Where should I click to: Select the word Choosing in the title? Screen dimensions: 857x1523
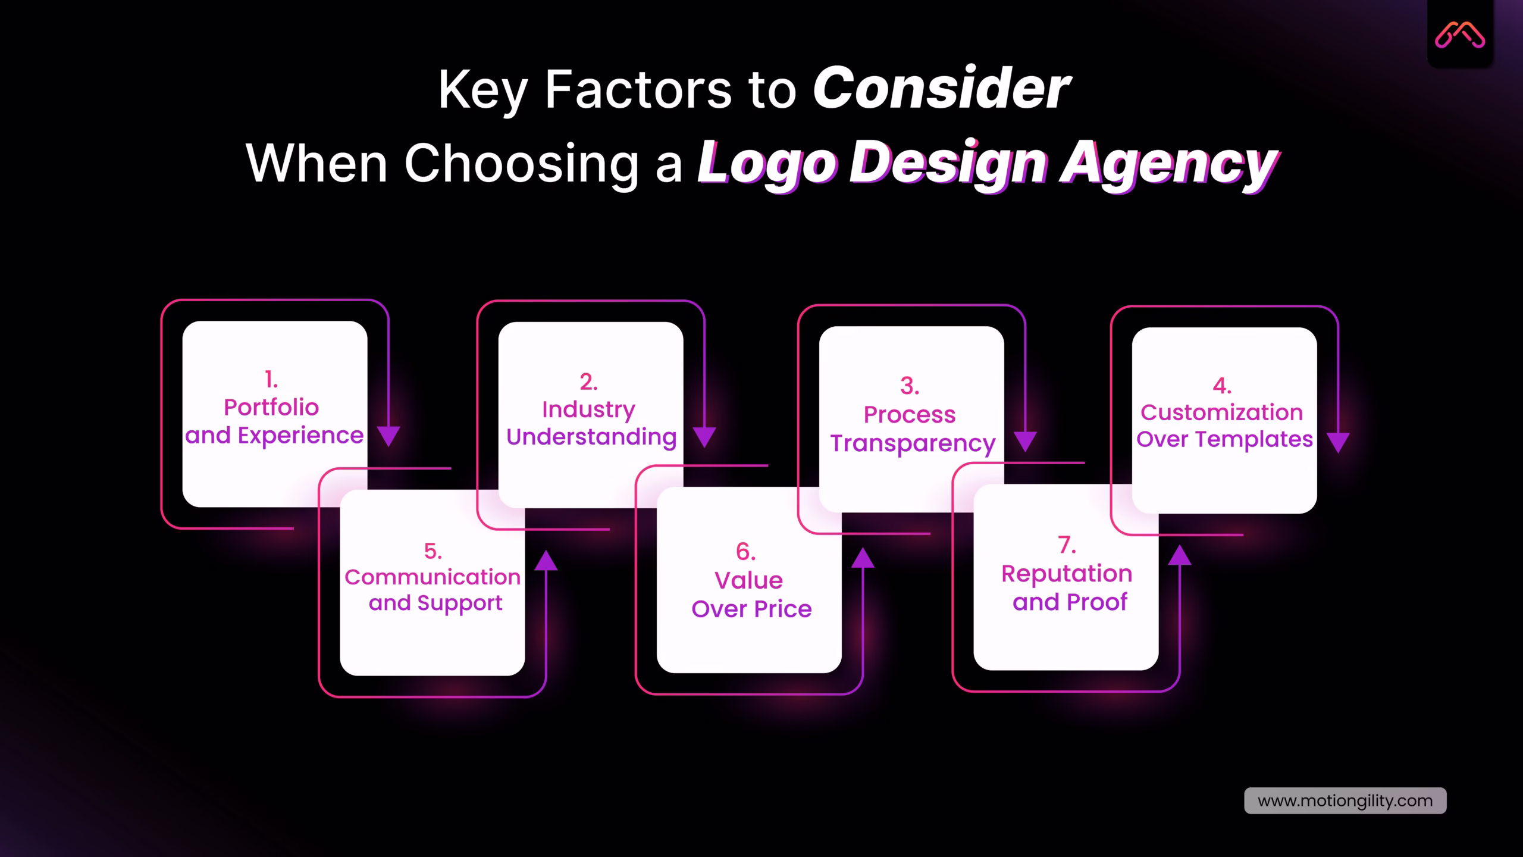pyautogui.click(x=522, y=164)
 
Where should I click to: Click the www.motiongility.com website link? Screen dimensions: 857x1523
pyautogui.click(x=1345, y=800)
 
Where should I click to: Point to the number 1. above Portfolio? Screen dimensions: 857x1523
pyautogui.click(x=271, y=379)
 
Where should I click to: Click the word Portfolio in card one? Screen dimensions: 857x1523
pyautogui.click(x=271, y=408)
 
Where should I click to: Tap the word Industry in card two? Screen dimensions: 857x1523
pyautogui.click(x=588, y=409)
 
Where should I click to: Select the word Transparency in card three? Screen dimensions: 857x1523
pyautogui.click(x=913, y=444)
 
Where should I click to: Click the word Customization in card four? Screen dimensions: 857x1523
pyautogui.click(x=1221, y=412)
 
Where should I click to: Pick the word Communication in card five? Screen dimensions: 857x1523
pyautogui.click(x=433, y=577)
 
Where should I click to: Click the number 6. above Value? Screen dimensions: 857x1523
pyautogui.click(x=746, y=552)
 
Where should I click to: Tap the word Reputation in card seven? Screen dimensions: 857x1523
pyautogui.click(x=1067, y=574)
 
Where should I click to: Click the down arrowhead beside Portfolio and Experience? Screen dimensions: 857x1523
pyautogui.click(x=388, y=436)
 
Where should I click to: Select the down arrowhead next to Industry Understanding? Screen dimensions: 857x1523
pyautogui.click(x=704, y=437)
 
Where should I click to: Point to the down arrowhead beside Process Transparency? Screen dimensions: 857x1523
pyautogui.click(x=1025, y=441)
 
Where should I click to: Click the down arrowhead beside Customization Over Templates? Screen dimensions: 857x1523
pyautogui.click(x=1338, y=442)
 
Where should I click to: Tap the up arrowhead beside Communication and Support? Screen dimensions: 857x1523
pyautogui.click(x=546, y=561)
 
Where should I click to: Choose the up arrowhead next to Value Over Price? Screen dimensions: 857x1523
pyautogui.click(x=863, y=558)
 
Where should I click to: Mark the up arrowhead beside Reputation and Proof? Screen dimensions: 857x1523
pyautogui.click(x=1180, y=556)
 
